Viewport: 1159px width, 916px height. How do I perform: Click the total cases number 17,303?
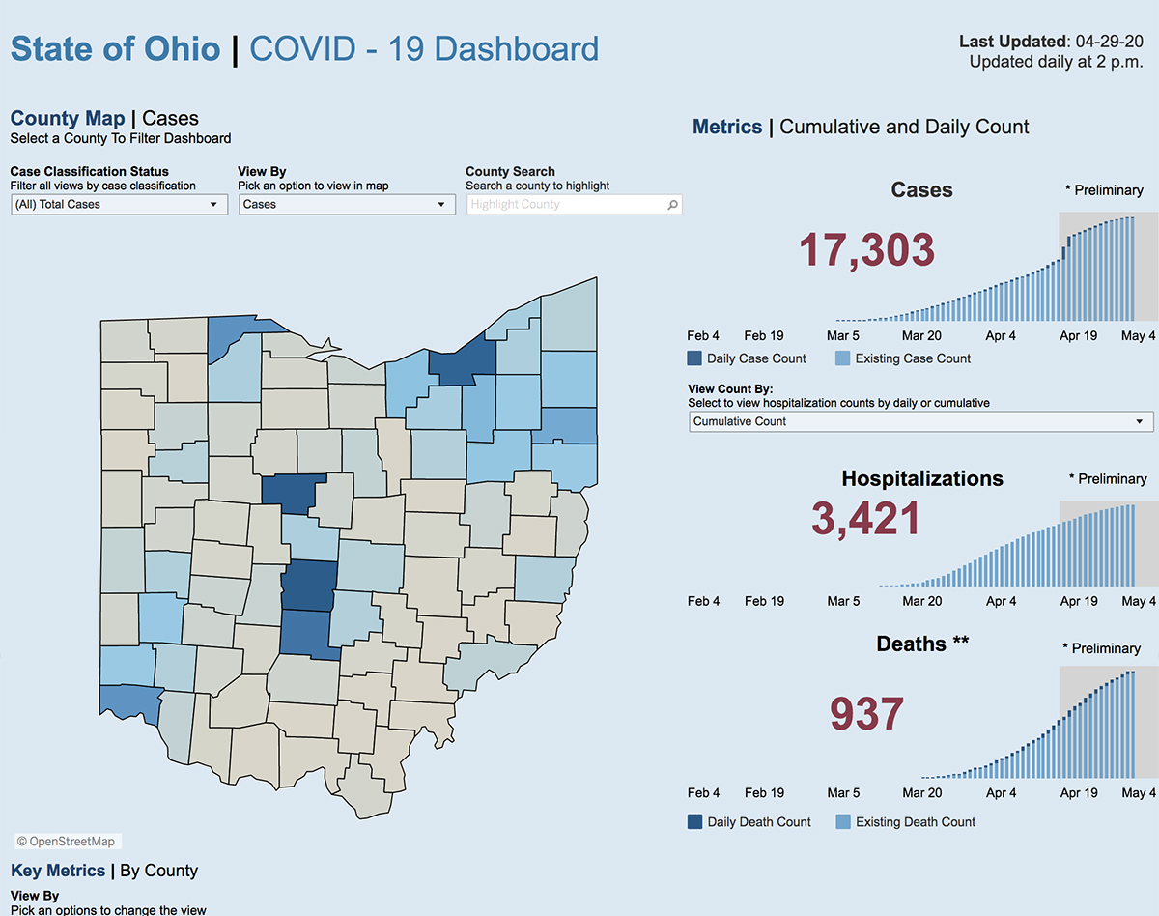866,250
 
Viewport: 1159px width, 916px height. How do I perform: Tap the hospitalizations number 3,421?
866,519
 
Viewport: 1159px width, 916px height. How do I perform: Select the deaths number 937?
866,715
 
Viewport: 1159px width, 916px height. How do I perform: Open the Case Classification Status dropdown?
119,205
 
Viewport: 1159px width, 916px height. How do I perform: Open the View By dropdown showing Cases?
347,205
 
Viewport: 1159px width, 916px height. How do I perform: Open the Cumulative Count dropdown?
920,422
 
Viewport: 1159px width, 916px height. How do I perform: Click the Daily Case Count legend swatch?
694,358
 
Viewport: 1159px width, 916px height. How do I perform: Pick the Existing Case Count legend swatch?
842,358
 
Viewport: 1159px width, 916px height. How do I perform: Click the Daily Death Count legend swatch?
694,822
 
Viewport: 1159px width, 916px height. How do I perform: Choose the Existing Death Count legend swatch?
842,822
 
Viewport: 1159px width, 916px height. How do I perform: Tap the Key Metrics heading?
58,871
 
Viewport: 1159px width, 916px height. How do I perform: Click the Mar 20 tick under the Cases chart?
921,336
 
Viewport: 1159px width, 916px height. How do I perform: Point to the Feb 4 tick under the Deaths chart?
703,793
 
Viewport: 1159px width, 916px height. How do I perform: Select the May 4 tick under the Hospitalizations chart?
1139,601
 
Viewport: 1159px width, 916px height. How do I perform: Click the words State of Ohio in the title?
115,48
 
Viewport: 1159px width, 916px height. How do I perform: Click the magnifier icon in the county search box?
672,205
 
